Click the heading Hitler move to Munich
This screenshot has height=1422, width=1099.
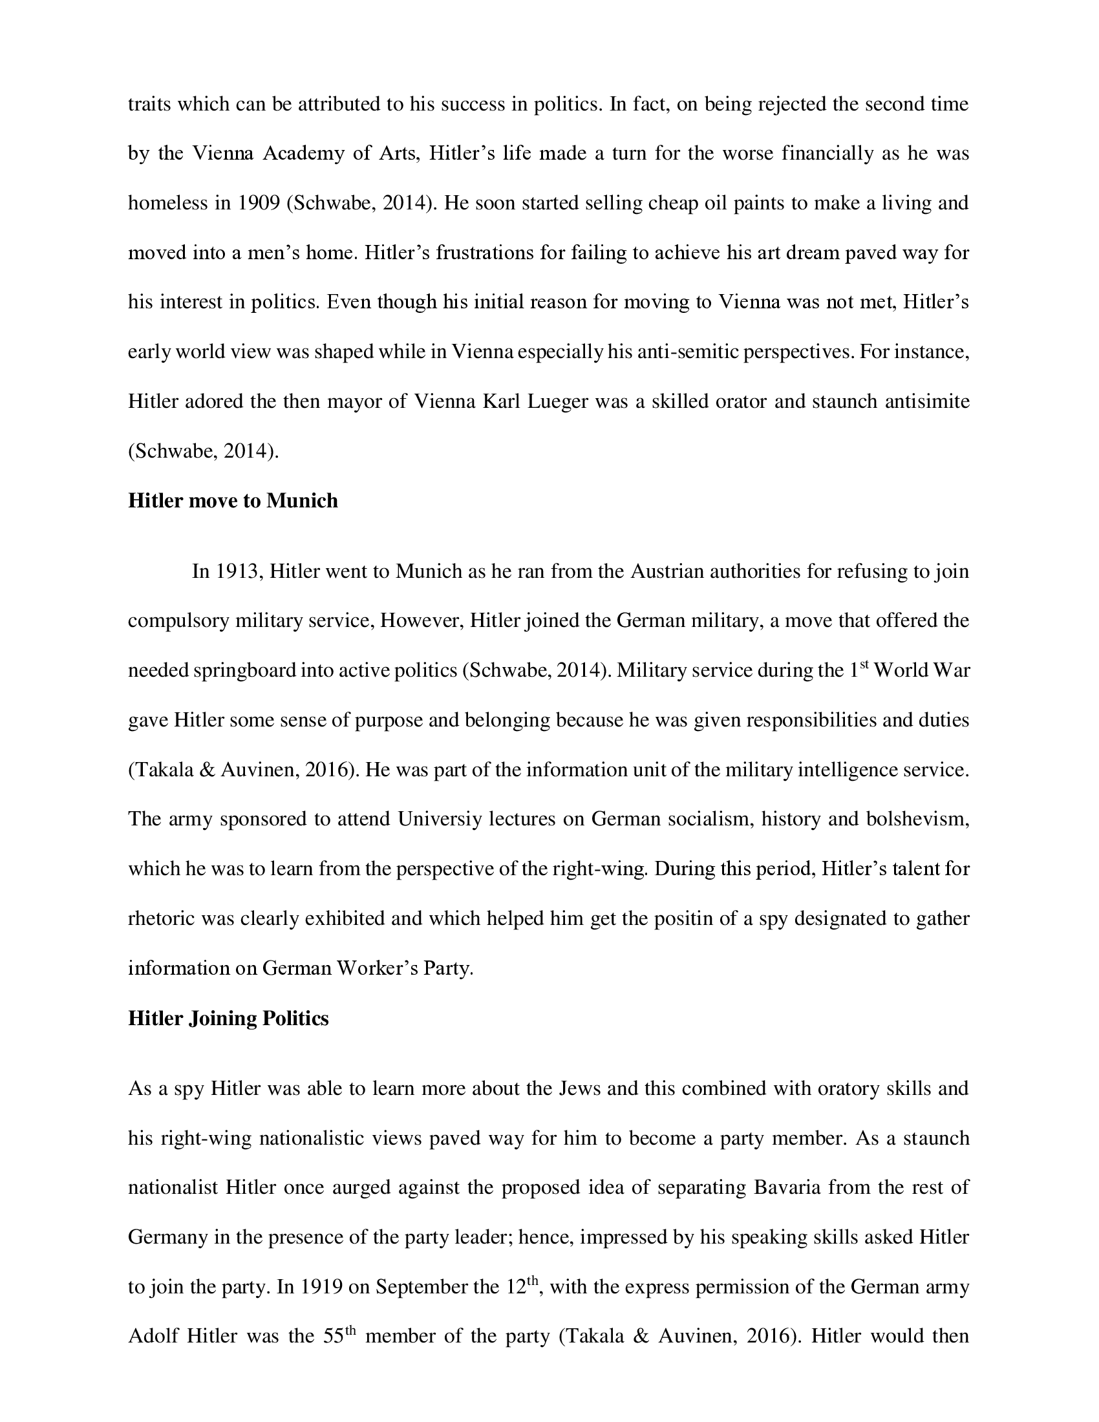(233, 501)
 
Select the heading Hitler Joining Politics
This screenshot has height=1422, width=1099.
(228, 1017)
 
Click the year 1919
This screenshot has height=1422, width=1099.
(319, 1287)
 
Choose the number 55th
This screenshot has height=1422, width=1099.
(340, 1336)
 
